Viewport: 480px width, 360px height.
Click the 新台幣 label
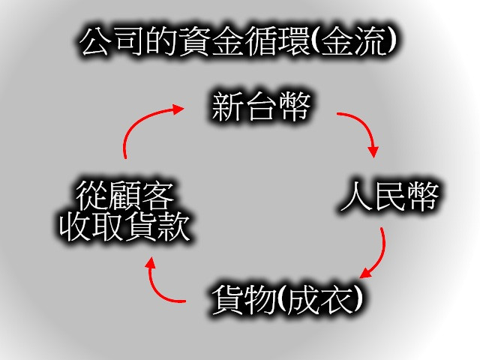pyautogui.click(x=260, y=107)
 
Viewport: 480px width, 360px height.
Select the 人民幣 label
pyautogui.click(x=388, y=197)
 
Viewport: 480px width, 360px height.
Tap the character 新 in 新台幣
pyautogui.click(x=227, y=107)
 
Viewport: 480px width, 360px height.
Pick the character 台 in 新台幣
pyautogui.click(x=260, y=107)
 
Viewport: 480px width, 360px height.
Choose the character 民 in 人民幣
pyautogui.click(x=388, y=197)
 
